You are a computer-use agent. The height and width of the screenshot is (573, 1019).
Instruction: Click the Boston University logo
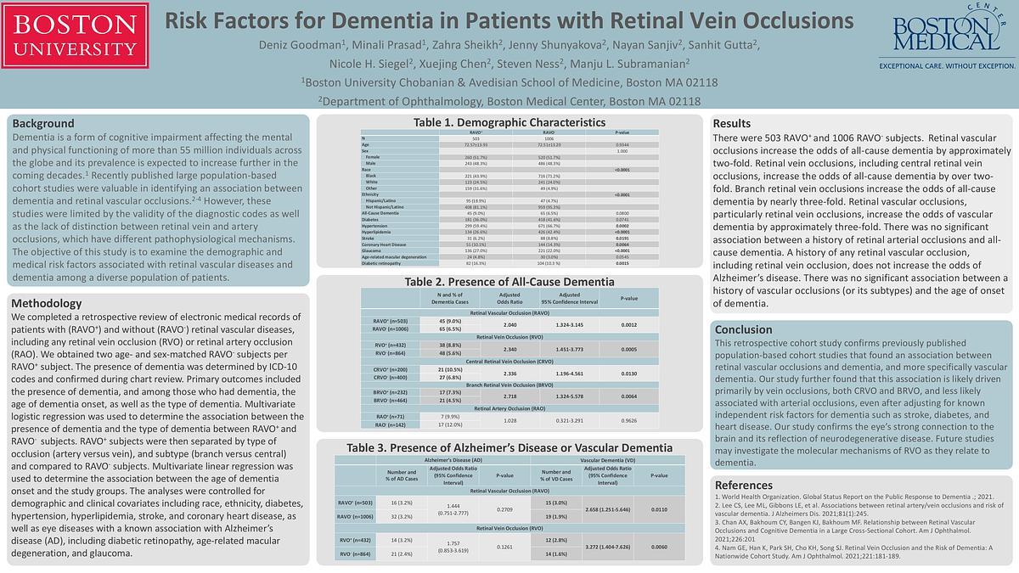(x=76, y=36)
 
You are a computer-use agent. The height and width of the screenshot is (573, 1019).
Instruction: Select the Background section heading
(x=42, y=123)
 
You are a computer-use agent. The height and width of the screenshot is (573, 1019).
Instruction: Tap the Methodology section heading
(x=47, y=303)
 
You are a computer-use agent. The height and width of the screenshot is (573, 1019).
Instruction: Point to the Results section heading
(x=731, y=124)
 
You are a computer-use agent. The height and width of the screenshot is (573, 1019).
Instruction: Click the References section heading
(x=744, y=485)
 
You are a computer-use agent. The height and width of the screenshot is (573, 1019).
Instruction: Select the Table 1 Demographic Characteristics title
(x=509, y=122)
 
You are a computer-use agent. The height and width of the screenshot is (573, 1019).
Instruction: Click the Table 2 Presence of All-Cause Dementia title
(x=509, y=282)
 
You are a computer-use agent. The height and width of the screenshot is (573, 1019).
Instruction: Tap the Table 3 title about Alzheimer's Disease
(x=509, y=447)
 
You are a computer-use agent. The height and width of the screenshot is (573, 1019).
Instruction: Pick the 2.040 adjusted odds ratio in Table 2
(x=509, y=325)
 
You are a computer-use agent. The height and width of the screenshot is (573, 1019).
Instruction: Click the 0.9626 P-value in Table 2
(x=628, y=420)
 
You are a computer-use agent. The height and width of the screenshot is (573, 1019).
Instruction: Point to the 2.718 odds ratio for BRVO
(x=509, y=396)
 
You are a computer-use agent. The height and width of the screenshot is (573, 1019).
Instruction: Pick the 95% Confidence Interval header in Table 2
(x=570, y=298)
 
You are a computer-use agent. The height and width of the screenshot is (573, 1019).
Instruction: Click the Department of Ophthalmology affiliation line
(x=509, y=100)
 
